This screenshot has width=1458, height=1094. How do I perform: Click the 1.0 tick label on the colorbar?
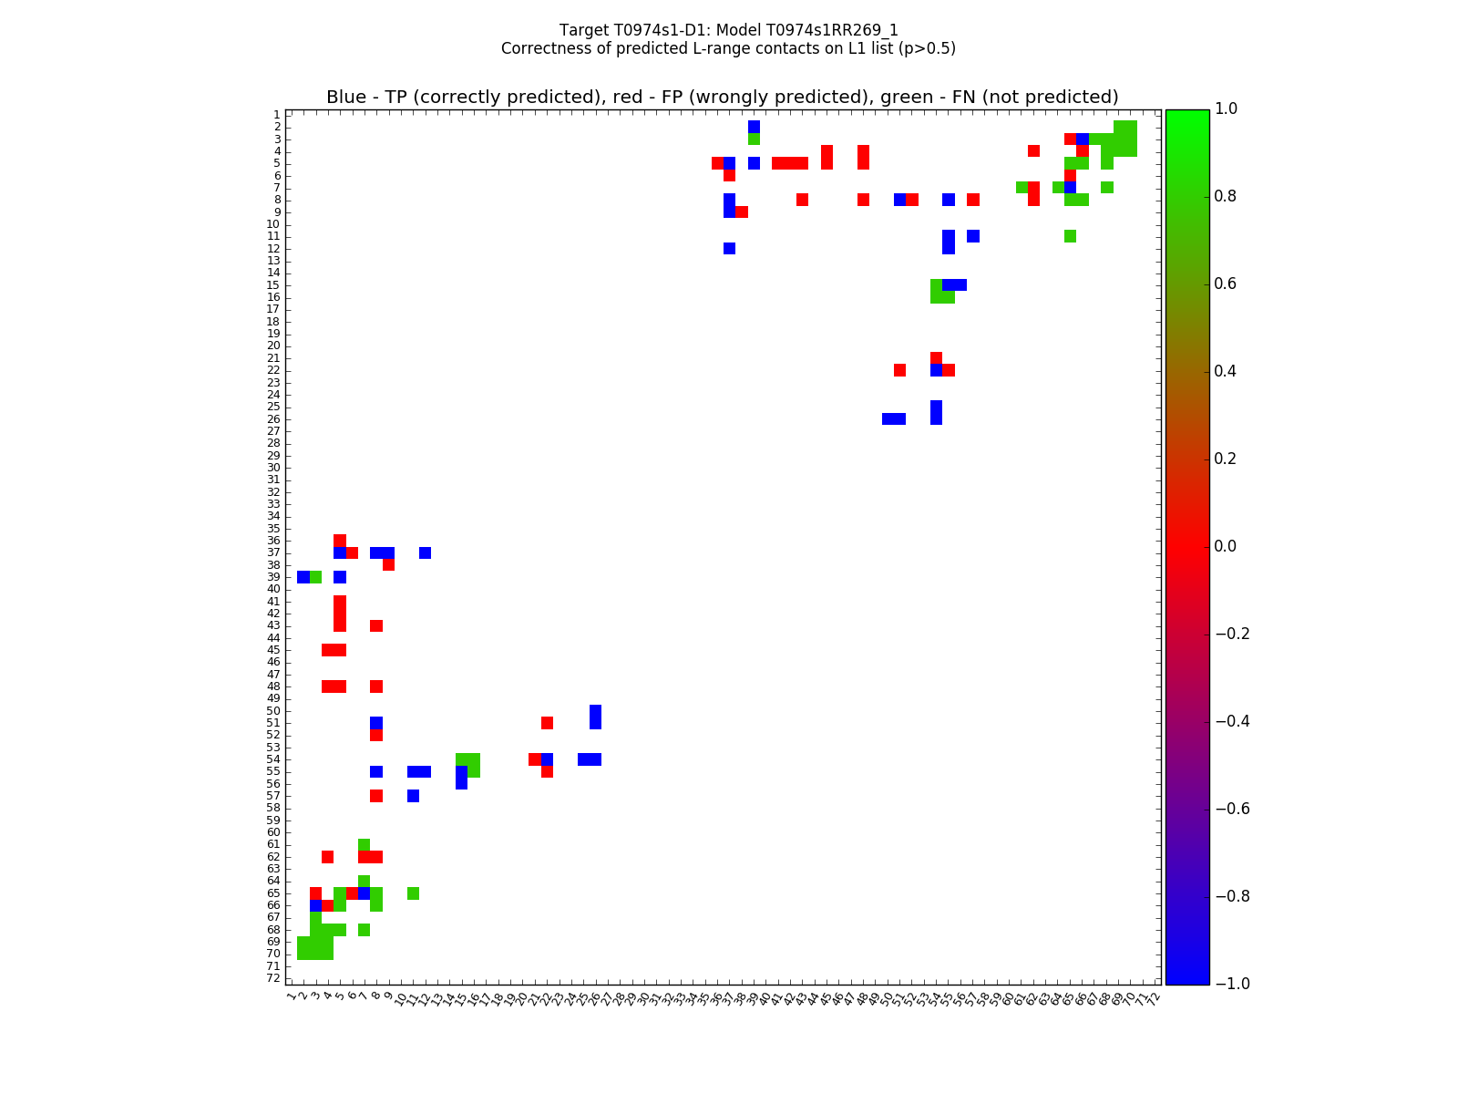1231,108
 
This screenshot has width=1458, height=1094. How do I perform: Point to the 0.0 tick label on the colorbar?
1231,546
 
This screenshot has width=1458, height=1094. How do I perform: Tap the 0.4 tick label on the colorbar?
1231,371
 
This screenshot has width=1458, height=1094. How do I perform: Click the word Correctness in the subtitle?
545,48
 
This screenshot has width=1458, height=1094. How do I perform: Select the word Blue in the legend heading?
346,98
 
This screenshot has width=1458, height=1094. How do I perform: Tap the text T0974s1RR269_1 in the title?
839,30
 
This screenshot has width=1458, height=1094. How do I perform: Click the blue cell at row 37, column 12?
425,552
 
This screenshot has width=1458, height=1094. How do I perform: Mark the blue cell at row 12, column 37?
729,248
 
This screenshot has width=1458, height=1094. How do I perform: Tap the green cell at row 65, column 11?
413,893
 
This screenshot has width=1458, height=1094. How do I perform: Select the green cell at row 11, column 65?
1070,236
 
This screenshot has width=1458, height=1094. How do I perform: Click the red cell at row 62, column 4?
328,857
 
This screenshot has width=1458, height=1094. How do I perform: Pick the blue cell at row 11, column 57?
973,236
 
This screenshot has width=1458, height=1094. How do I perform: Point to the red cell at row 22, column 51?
899,370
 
